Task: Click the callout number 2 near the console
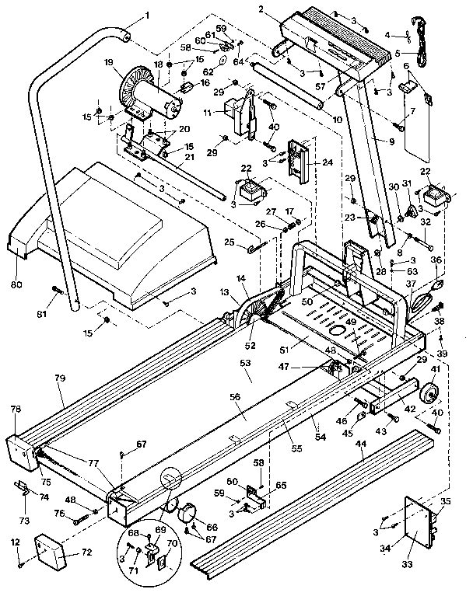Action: (263, 9)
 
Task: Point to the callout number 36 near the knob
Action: (436, 260)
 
